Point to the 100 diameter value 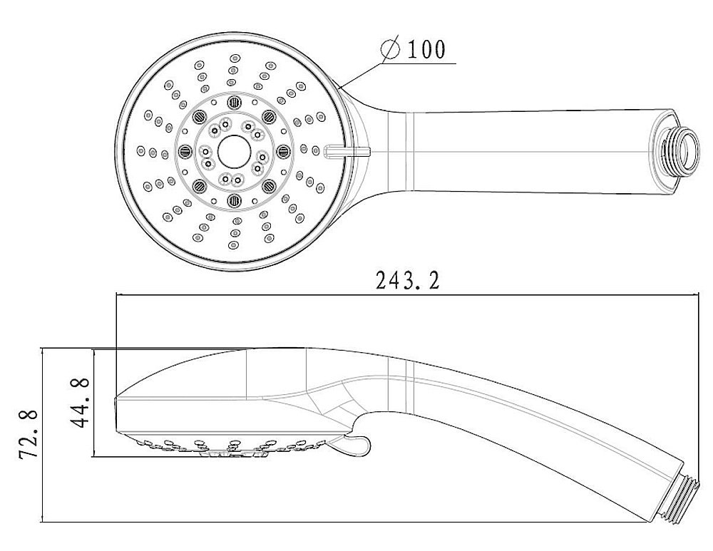pyautogui.click(x=426, y=49)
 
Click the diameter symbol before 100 pyautogui.click(x=391, y=49)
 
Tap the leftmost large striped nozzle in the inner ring pyautogui.click(x=183, y=151)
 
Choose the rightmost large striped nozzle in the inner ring pyautogui.click(x=283, y=150)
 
